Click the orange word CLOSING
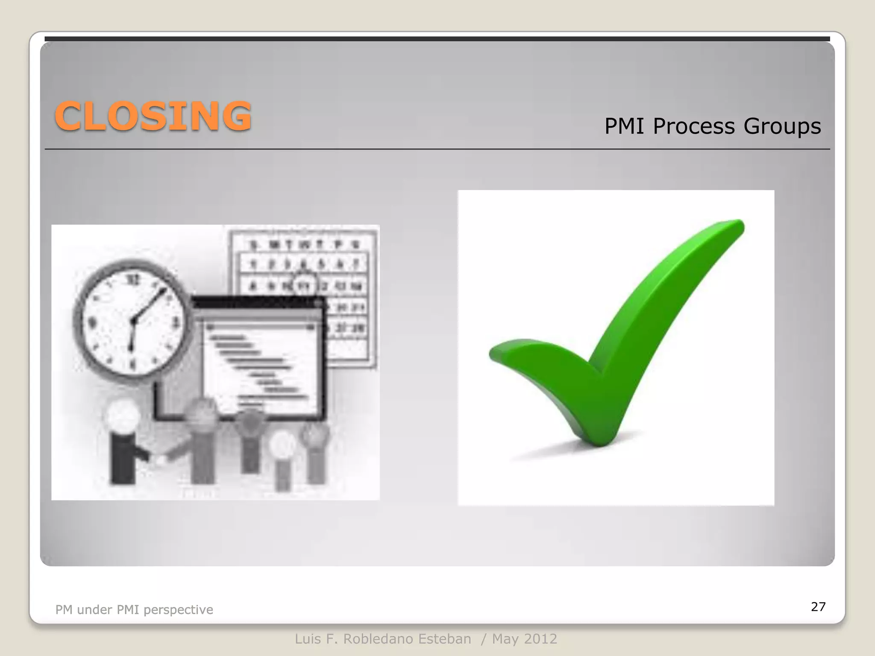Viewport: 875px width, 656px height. [153, 116]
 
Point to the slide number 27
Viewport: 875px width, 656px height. [818, 606]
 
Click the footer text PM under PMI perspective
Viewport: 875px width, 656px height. [134, 609]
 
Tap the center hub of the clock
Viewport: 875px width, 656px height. [133, 320]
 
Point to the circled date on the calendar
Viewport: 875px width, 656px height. [304, 285]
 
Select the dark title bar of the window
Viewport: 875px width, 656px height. [256, 302]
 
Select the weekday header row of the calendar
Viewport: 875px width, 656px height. [304, 245]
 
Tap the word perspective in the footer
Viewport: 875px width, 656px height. [178, 609]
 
